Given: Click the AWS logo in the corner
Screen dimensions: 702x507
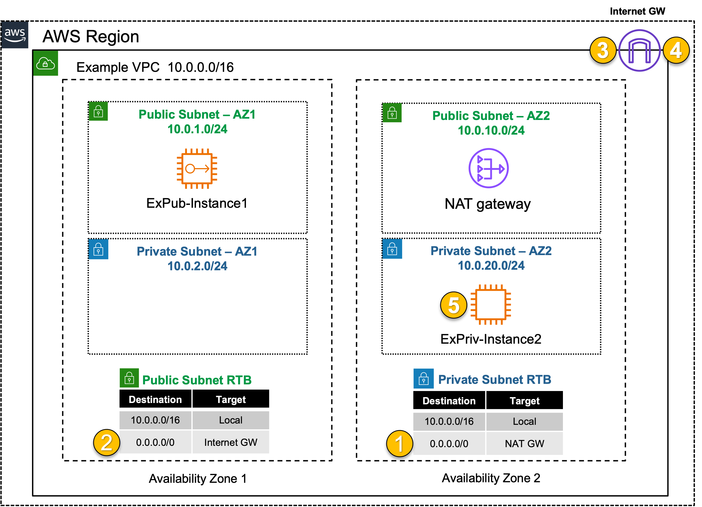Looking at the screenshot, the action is [x=15, y=35].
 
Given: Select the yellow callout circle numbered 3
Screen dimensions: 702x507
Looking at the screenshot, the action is [x=603, y=50].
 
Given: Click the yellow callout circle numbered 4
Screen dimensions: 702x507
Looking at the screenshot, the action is [x=676, y=50].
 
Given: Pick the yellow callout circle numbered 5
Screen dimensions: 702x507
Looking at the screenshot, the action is [x=453, y=305].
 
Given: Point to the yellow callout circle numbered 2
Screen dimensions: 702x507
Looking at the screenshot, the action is [x=106, y=442].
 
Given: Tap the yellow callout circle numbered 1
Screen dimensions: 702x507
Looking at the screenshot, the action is [x=400, y=443].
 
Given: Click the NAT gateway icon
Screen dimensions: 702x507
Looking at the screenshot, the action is [x=488, y=168].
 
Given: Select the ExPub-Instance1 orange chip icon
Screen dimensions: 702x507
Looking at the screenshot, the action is [x=197, y=169].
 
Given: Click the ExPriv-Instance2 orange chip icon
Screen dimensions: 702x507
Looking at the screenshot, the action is [x=491, y=305].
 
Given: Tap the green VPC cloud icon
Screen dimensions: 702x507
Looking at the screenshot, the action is [x=45, y=63].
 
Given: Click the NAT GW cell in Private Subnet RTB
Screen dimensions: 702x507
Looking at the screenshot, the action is [x=524, y=443].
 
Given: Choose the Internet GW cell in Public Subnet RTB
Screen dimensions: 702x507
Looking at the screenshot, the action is [x=231, y=442].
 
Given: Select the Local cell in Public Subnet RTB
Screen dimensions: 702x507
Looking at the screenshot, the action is [x=231, y=420].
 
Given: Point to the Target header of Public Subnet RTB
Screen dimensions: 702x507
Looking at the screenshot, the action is [x=231, y=399].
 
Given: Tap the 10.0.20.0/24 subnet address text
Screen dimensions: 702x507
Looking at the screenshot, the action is [x=491, y=265].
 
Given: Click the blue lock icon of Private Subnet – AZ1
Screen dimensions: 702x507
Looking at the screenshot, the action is [x=98, y=249].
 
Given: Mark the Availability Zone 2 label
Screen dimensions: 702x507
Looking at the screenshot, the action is [x=491, y=478].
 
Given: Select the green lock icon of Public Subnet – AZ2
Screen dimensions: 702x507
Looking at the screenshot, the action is [x=392, y=113].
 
